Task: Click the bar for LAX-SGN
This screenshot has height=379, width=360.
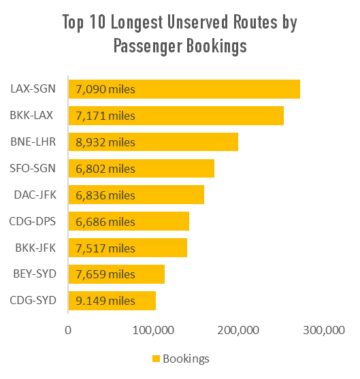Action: pyautogui.click(x=184, y=89)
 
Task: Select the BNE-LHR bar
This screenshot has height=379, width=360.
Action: pyautogui.click(x=152, y=142)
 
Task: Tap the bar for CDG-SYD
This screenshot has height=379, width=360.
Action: pyautogui.click(x=112, y=301)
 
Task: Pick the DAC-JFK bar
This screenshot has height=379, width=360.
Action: pyautogui.click(x=135, y=195)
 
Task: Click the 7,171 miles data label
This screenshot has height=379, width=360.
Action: pyautogui.click(x=105, y=116)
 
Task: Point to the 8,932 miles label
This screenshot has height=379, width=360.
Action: pyautogui.click(x=105, y=142)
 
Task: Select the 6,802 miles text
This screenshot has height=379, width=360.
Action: pyautogui.click(x=105, y=169)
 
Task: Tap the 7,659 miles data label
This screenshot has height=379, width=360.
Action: pyautogui.click(x=105, y=274)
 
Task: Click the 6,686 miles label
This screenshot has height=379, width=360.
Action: pyautogui.click(x=105, y=222)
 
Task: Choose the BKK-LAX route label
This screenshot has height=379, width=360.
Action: pyautogui.click(x=32, y=116)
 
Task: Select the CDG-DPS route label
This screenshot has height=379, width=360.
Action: pyautogui.click(x=33, y=222)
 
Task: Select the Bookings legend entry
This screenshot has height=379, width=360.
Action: pyautogui.click(x=180, y=359)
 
